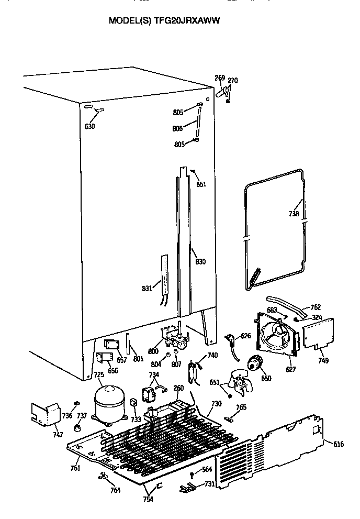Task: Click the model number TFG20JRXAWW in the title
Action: pyautogui.click(x=186, y=21)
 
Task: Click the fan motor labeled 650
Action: pyautogui.click(x=256, y=362)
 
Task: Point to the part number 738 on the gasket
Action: pyautogui.click(x=294, y=214)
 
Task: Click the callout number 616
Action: pyautogui.click(x=339, y=444)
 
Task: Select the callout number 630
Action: pyautogui.click(x=90, y=126)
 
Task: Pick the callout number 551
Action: pyautogui.click(x=201, y=184)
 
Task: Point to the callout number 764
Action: pyautogui.click(x=115, y=490)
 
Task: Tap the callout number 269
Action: pyautogui.click(x=220, y=78)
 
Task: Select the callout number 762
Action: pyautogui.click(x=316, y=307)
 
